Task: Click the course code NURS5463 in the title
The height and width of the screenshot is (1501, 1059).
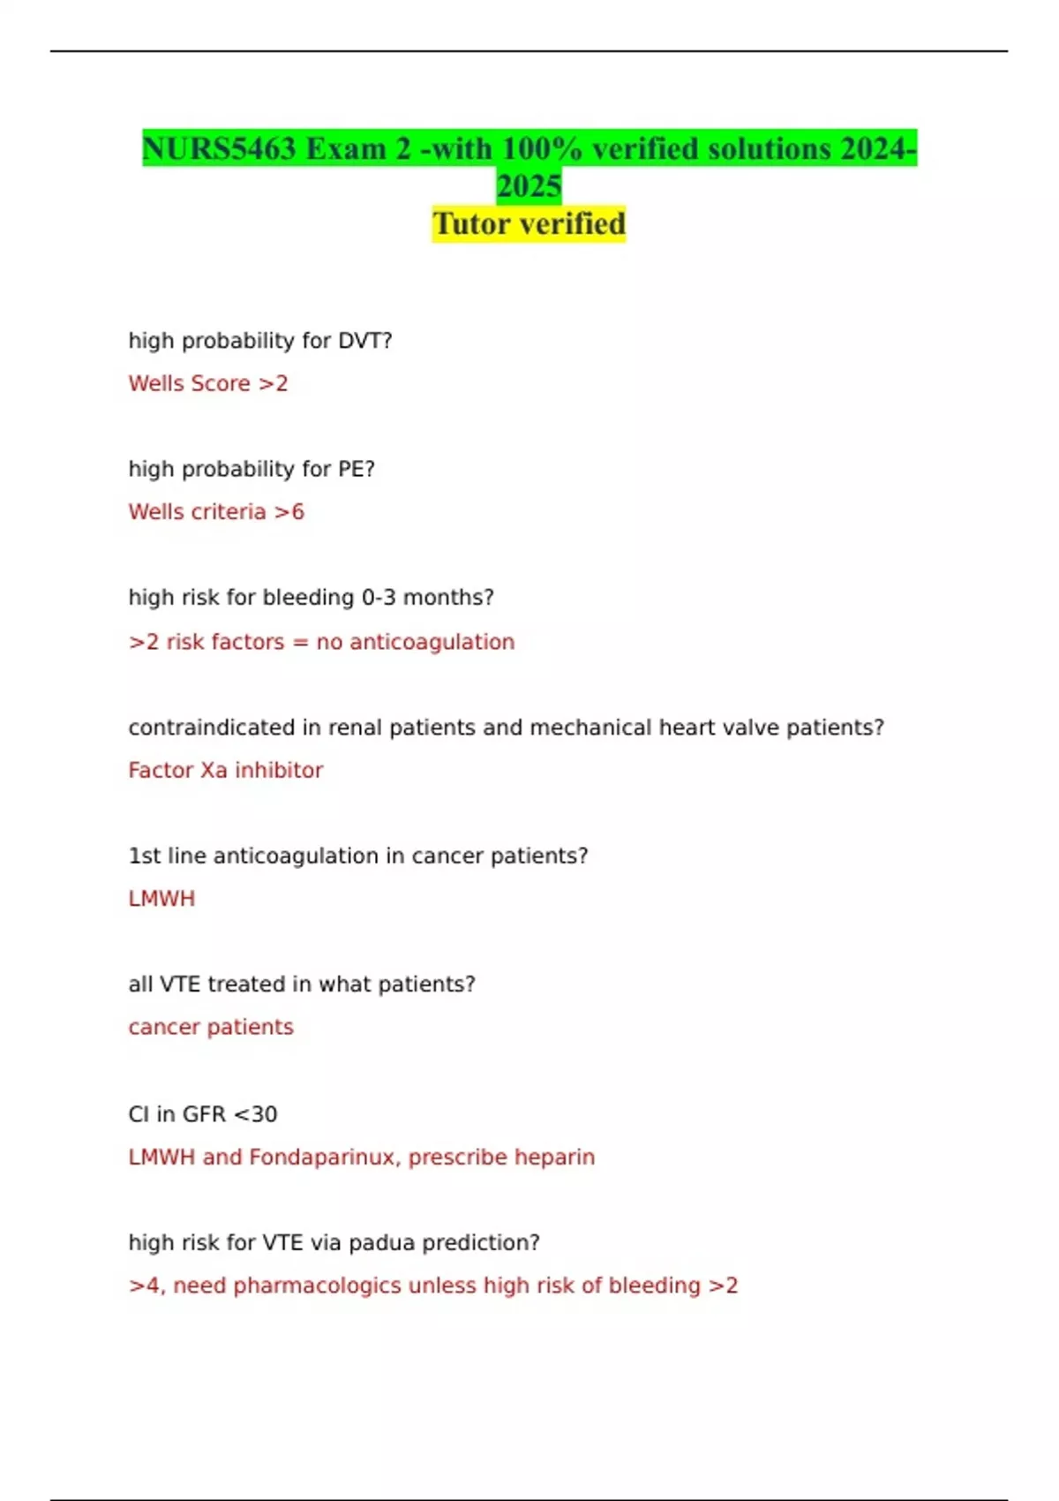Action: pyautogui.click(x=219, y=148)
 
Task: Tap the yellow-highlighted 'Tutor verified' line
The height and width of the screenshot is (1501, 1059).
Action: pyautogui.click(x=529, y=223)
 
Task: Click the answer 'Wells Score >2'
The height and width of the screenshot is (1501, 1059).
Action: pyautogui.click(x=208, y=383)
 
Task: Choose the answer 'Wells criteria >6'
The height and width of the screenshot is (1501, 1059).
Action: pyautogui.click(x=216, y=512)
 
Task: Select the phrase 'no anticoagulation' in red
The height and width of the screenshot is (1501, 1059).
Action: pyautogui.click(x=415, y=642)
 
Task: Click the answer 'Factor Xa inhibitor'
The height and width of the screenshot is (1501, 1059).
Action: pyautogui.click(x=226, y=770)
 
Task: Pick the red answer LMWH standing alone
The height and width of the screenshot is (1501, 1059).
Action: pyautogui.click(x=161, y=899)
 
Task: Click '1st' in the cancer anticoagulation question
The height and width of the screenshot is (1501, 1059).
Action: pyautogui.click(x=144, y=856)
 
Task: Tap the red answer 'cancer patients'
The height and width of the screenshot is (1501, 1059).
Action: pyautogui.click(x=211, y=1027)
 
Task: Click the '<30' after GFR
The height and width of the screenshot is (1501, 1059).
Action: pyautogui.click(x=255, y=1114)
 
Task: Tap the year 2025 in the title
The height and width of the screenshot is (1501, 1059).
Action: pyautogui.click(x=529, y=186)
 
